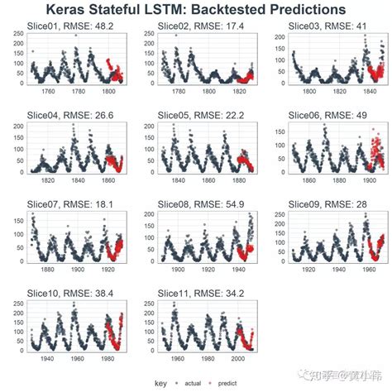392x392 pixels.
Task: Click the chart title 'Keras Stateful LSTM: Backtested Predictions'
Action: click(196, 9)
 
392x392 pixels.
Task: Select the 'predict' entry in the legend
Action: click(230, 383)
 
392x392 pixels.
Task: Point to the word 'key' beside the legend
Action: click(161, 383)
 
